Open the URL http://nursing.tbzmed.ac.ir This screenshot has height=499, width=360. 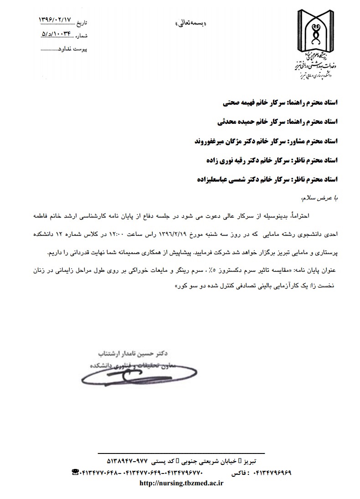click(x=180, y=484)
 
